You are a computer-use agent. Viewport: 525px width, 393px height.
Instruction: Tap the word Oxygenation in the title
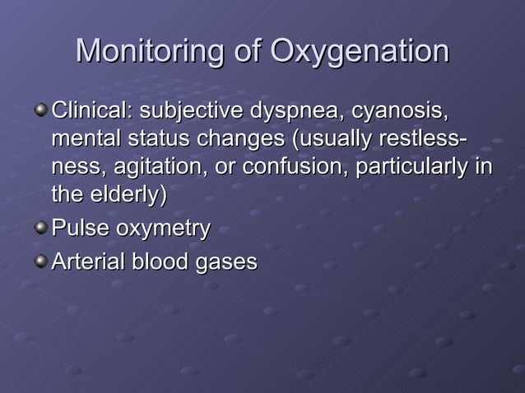[x=359, y=52]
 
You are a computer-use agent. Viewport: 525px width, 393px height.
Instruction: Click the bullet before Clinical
[x=40, y=109]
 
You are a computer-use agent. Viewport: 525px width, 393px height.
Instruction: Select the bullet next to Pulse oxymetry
[x=40, y=227]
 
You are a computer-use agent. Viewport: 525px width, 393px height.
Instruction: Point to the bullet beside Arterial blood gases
[x=40, y=262]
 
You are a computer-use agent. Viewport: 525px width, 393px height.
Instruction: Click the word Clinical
[x=92, y=110]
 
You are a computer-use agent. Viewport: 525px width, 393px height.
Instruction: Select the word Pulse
[x=79, y=228]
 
